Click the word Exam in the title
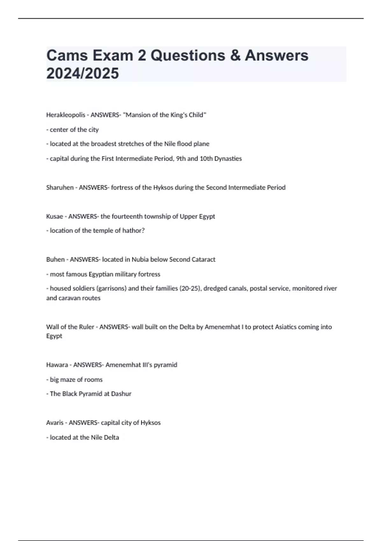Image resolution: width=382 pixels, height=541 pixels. [x=112, y=55]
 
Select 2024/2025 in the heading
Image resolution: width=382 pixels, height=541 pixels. [x=82, y=73]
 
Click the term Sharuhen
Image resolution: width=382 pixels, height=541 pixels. [x=60, y=187]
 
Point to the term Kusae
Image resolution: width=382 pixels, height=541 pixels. [x=54, y=216]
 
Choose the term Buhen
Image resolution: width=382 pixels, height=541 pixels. [x=55, y=259]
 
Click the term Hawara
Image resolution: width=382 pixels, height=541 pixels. [x=57, y=365]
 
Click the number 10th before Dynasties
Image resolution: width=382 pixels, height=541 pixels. [x=206, y=158]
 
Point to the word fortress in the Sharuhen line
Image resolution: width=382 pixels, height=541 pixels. [x=122, y=187]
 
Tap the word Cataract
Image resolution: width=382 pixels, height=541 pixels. [x=203, y=259]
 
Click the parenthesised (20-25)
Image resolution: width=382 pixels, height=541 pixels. [x=190, y=288]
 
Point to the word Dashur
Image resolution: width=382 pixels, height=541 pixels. [x=121, y=394]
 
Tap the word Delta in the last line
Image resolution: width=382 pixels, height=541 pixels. [x=111, y=437]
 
